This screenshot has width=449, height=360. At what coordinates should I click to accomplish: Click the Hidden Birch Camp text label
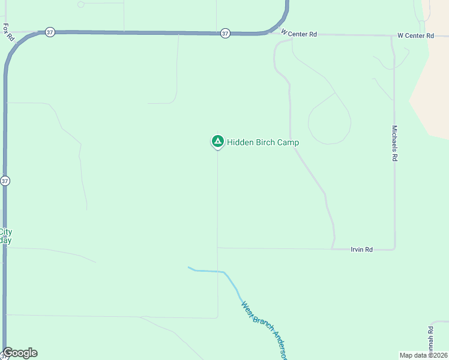tap(263, 142)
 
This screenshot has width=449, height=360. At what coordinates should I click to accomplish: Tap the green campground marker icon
tap(217, 141)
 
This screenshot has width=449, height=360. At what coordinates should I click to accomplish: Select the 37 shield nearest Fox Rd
tap(50, 32)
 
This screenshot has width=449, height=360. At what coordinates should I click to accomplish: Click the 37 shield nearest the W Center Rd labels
tap(224, 34)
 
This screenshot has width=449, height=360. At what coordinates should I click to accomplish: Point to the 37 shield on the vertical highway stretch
tap(5, 181)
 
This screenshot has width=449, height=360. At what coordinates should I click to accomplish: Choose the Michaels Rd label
tap(394, 143)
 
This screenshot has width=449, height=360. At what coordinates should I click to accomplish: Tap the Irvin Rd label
tap(362, 249)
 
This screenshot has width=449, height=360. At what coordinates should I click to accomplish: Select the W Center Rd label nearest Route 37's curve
tap(298, 34)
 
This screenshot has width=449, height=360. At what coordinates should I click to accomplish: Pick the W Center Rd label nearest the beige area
tap(415, 36)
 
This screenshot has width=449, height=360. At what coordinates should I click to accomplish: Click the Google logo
tap(20, 353)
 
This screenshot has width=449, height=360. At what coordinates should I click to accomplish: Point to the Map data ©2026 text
tap(423, 355)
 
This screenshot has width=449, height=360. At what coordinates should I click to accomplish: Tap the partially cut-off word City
tap(5, 232)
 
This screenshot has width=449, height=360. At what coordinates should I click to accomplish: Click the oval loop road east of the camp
tap(329, 119)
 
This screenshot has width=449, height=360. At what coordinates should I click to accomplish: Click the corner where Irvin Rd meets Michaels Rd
tap(394, 248)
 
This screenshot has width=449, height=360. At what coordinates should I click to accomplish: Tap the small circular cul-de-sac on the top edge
tap(81, 4)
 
